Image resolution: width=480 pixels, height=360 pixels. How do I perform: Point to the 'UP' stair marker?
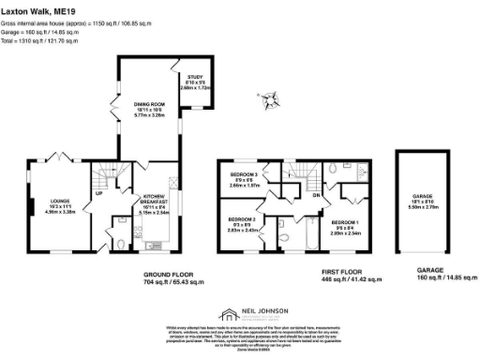tap(99, 197)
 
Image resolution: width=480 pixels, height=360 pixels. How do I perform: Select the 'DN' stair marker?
tap(316, 194)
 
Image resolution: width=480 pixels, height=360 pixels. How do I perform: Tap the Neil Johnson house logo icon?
tap(226, 314)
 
